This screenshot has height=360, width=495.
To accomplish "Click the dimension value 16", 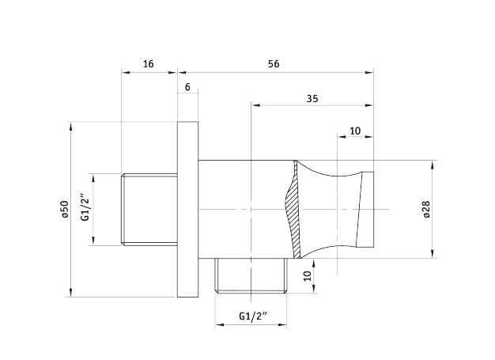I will (x=148, y=63).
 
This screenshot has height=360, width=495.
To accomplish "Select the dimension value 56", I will (x=274, y=63).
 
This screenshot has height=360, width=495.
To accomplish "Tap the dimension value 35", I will (x=312, y=98).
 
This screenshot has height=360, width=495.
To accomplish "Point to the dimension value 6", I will (x=187, y=87).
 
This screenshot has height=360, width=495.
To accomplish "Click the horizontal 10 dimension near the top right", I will (x=355, y=131).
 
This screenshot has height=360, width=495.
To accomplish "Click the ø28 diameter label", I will (x=426, y=209).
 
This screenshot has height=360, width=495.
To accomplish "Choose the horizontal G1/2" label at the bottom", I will (x=253, y=316).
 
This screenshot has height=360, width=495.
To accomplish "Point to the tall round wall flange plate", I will (x=187, y=210).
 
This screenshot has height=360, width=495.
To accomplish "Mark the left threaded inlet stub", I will (x=148, y=210).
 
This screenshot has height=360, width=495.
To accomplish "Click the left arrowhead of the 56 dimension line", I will (x=180, y=73).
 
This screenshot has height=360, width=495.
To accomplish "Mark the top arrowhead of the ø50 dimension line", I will (x=71, y=125).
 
